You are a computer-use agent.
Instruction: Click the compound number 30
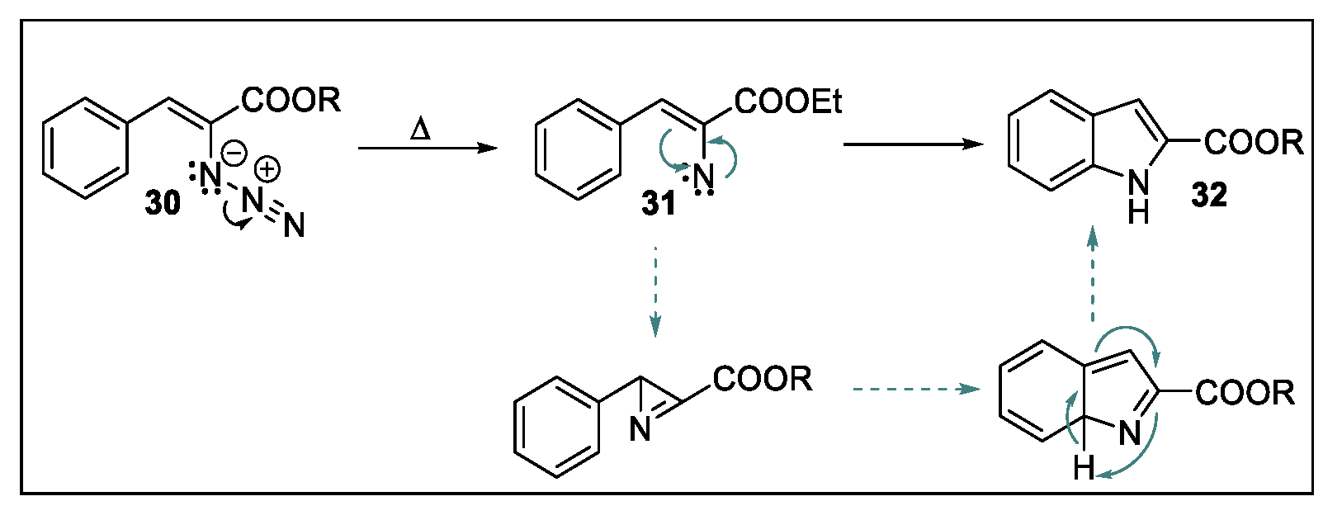click(x=163, y=201)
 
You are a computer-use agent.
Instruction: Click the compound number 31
click(x=659, y=202)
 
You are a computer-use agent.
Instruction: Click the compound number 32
click(x=1208, y=195)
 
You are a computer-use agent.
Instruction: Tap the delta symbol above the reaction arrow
click(x=420, y=130)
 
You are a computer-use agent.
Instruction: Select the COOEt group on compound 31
click(x=788, y=102)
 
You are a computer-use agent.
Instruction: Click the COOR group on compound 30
click(x=291, y=100)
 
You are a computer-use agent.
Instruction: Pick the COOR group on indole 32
click(x=1254, y=142)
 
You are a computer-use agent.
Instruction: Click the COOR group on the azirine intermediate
click(x=763, y=379)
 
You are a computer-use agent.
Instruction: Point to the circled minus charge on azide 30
click(x=234, y=153)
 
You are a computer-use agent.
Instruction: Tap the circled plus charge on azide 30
click(x=267, y=170)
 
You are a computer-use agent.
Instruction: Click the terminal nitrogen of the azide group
click(x=294, y=225)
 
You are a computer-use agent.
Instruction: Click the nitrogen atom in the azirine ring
click(x=640, y=429)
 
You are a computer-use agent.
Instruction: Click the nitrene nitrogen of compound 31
click(x=703, y=177)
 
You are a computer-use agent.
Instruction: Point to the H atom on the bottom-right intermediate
click(x=1084, y=470)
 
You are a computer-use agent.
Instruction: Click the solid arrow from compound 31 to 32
click(x=913, y=144)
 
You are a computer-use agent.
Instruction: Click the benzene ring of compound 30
click(x=86, y=149)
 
